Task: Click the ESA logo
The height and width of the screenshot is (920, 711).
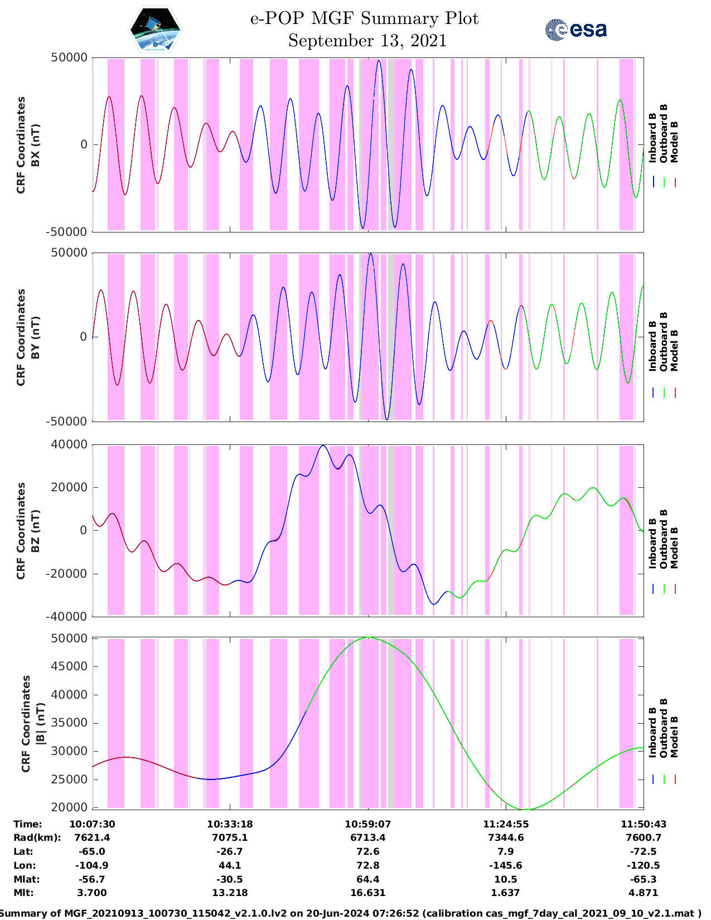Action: [576, 30]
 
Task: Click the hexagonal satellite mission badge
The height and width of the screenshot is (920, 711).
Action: [156, 30]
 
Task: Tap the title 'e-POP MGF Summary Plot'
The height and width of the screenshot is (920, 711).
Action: [364, 18]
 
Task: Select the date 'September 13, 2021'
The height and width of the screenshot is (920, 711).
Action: [367, 41]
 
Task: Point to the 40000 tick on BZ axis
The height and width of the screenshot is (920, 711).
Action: [69, 445]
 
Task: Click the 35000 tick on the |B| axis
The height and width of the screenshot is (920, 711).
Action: [69, 723]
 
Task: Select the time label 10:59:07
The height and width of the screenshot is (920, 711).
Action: [367, 824]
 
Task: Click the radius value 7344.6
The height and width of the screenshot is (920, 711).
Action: [506, 837]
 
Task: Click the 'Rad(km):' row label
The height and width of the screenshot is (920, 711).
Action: [37, 837]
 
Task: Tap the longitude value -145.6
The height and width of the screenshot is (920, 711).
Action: [506, 865]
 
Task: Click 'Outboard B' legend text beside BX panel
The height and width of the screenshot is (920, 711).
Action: [664, 134]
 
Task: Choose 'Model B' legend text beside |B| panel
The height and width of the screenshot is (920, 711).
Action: [674, 737]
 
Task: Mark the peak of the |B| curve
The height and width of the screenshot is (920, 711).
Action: [368, 637]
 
